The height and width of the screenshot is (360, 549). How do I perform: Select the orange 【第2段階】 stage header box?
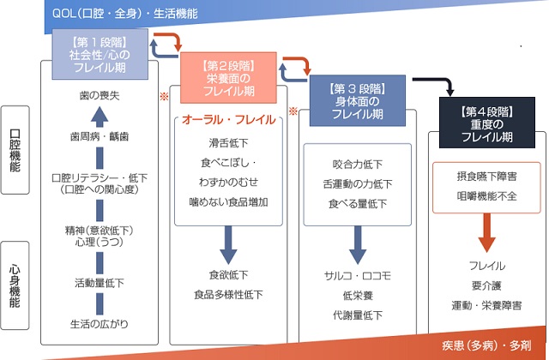pyautogui.click(x=227, y=76)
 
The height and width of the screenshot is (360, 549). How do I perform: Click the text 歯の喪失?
pyautogui.click(x=99, y=96)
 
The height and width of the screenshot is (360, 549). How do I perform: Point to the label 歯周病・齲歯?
pyautogui.click(x=99, y=136)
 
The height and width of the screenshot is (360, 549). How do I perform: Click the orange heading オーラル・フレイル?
pyautogui.click(x=227, y=122)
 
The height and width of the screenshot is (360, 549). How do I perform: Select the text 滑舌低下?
pyautogui.click(x=227, y=142)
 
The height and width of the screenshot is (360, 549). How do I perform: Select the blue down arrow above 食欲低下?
pyautogui.click(x=229, y=242)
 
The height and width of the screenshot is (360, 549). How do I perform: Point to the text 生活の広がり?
pyautogui.click(x=99, y=323)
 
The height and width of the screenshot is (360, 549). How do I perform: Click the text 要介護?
pyautogui.click(x=486, y=285)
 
